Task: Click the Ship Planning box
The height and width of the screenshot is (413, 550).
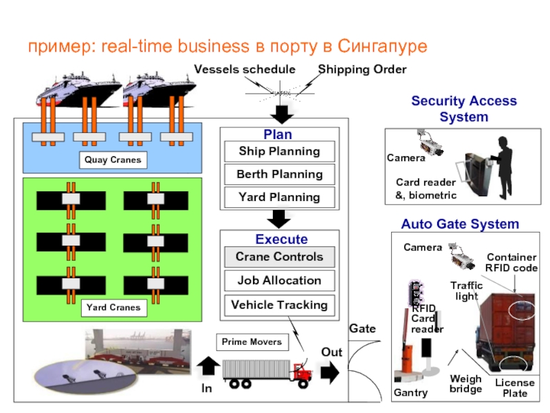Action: [x=279, y=151]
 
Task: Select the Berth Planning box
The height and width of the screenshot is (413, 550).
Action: [x=279, y=174]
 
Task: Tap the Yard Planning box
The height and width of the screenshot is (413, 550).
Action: [x=279, y=198]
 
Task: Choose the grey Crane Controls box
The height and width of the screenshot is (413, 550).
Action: [x=279, y=257]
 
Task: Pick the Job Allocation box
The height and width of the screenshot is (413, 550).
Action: [x=279, y=281]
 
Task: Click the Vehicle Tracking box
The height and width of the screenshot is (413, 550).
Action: [x=279, y=305]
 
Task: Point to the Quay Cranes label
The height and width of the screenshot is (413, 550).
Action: [x=113, y=160]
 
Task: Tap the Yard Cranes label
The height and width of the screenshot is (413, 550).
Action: [x=113, y=307]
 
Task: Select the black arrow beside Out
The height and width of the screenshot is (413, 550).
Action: [x=331, y=372]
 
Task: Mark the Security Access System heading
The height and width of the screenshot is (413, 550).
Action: [x=463, y=109]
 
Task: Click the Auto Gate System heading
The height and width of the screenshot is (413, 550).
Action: [x=460, y=224]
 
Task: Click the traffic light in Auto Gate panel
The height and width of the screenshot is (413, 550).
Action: [x=415, y=293]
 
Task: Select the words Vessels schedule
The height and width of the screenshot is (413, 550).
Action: [x=244, y=70]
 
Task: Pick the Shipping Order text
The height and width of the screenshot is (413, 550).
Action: [x=362, y=70]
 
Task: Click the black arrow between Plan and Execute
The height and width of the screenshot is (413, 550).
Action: [x=279, y=219]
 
